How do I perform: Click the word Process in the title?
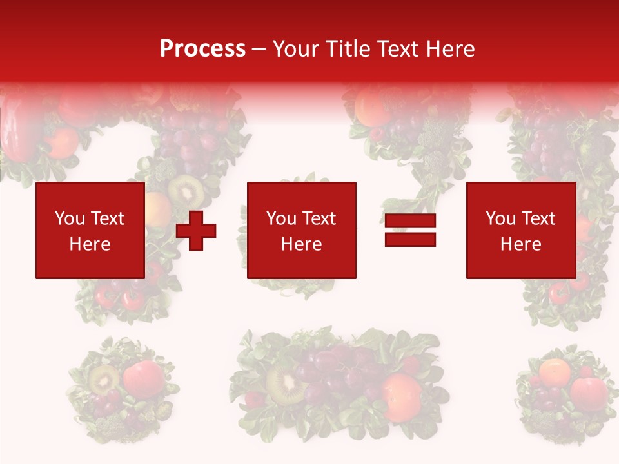coord(202,49)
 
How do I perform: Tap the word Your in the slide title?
coord(297,49)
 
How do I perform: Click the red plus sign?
coord(196,231)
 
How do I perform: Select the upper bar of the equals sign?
coord(410,221)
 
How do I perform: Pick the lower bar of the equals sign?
coord(410,240)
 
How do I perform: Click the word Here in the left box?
coord(90,244)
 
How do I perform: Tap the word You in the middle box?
coord(281,218)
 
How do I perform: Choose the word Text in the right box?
coord(538,218)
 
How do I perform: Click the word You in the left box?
coord(70,218)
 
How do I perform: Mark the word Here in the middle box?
coord(301,244)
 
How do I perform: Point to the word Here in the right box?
coord(520,244)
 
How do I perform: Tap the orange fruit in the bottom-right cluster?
coord(555,371)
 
